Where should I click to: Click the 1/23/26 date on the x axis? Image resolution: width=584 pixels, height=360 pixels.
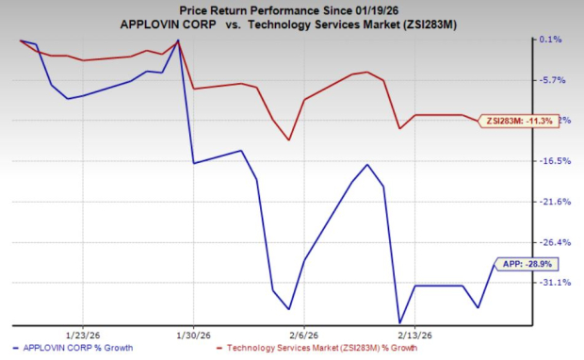tap(83, 335)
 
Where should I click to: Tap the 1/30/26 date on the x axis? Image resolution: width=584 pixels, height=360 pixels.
tap(193, 335)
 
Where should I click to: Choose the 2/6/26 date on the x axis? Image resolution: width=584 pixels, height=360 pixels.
tap(303, 335)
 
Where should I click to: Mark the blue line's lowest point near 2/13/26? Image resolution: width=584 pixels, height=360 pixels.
tap(400, 323)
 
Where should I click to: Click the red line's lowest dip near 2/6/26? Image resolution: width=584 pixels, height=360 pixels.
tap(288, 139)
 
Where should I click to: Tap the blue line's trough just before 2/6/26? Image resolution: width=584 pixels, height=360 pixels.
tap(288, 308)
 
